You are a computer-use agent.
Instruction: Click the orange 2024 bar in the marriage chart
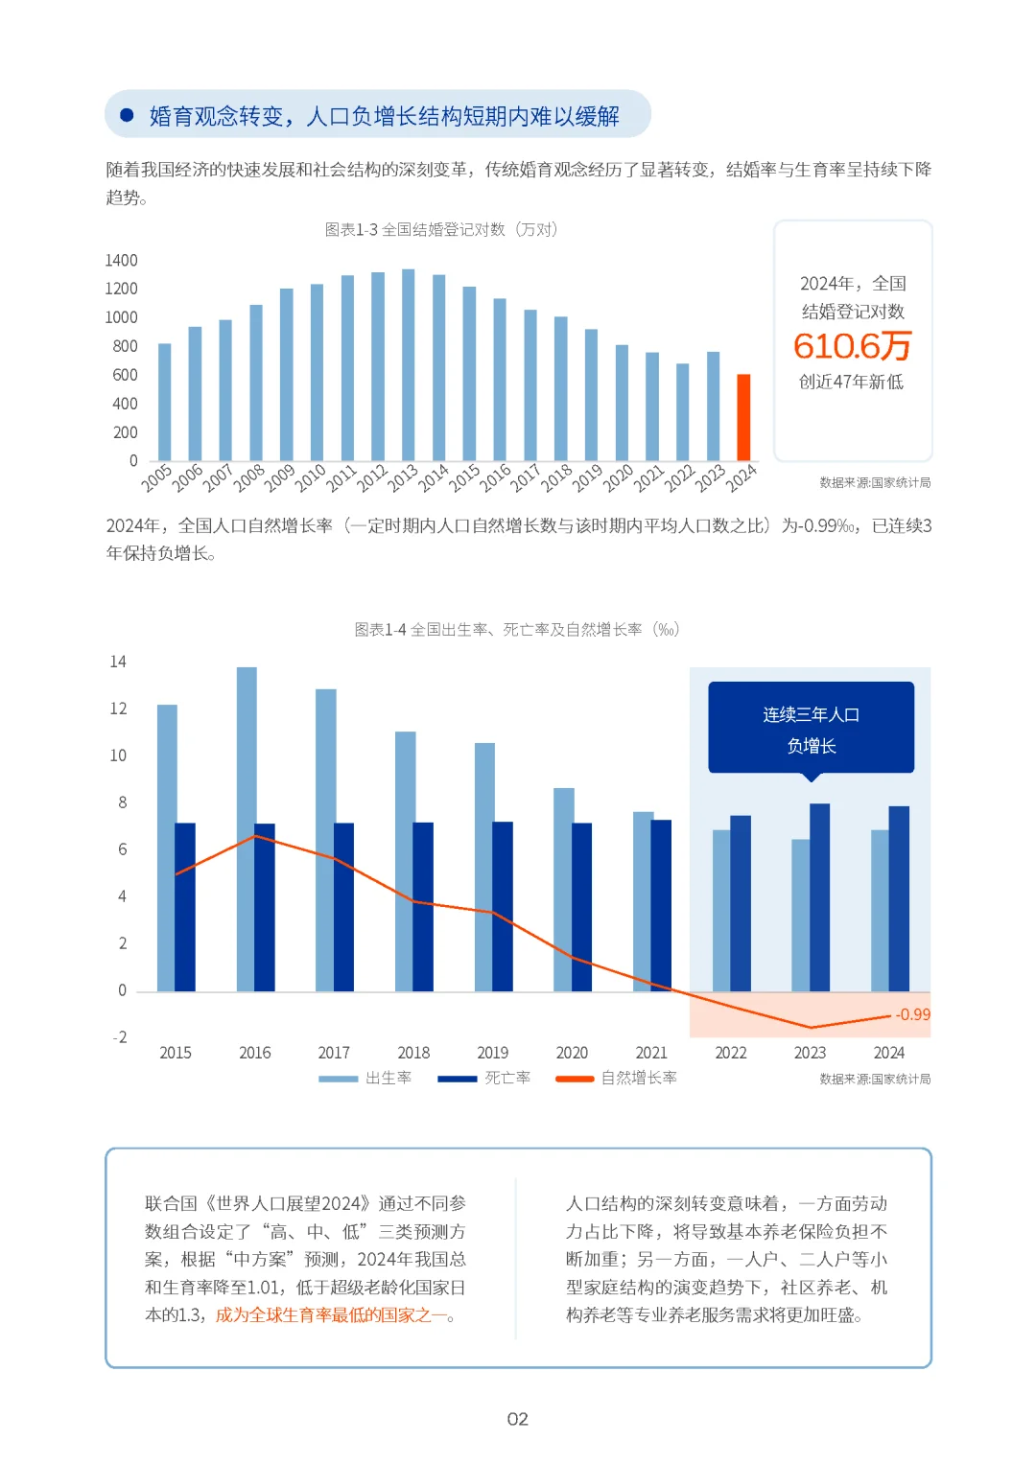[743, 418]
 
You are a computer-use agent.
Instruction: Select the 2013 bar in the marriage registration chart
[409, 365]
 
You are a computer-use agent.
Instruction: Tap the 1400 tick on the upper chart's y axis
[122, 261]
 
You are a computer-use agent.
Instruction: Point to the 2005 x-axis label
[156, 476]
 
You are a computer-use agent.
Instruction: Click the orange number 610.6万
[852, 346]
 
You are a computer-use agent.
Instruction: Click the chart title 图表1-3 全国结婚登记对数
[440, 230]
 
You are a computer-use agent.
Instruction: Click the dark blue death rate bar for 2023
[820, 897]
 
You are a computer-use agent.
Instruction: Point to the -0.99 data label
[912, 1014]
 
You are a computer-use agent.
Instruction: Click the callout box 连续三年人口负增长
[811, 729]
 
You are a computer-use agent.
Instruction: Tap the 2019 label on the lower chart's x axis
[493, 1053]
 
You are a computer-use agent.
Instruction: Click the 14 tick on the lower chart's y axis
[118, 662]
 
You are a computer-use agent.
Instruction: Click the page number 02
[518, 1419]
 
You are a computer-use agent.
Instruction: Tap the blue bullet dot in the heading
[127, 115]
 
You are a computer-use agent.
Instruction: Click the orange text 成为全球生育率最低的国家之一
[331, 1315]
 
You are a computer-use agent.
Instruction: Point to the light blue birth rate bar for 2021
[642, 901]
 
